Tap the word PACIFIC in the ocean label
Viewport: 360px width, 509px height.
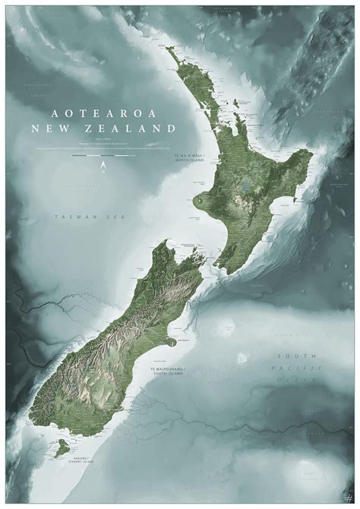point(293,368)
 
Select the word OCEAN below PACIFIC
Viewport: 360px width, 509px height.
point(293,379)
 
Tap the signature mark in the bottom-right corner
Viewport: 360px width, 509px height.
point(346,495)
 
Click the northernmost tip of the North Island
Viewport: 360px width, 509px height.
point(167,48)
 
